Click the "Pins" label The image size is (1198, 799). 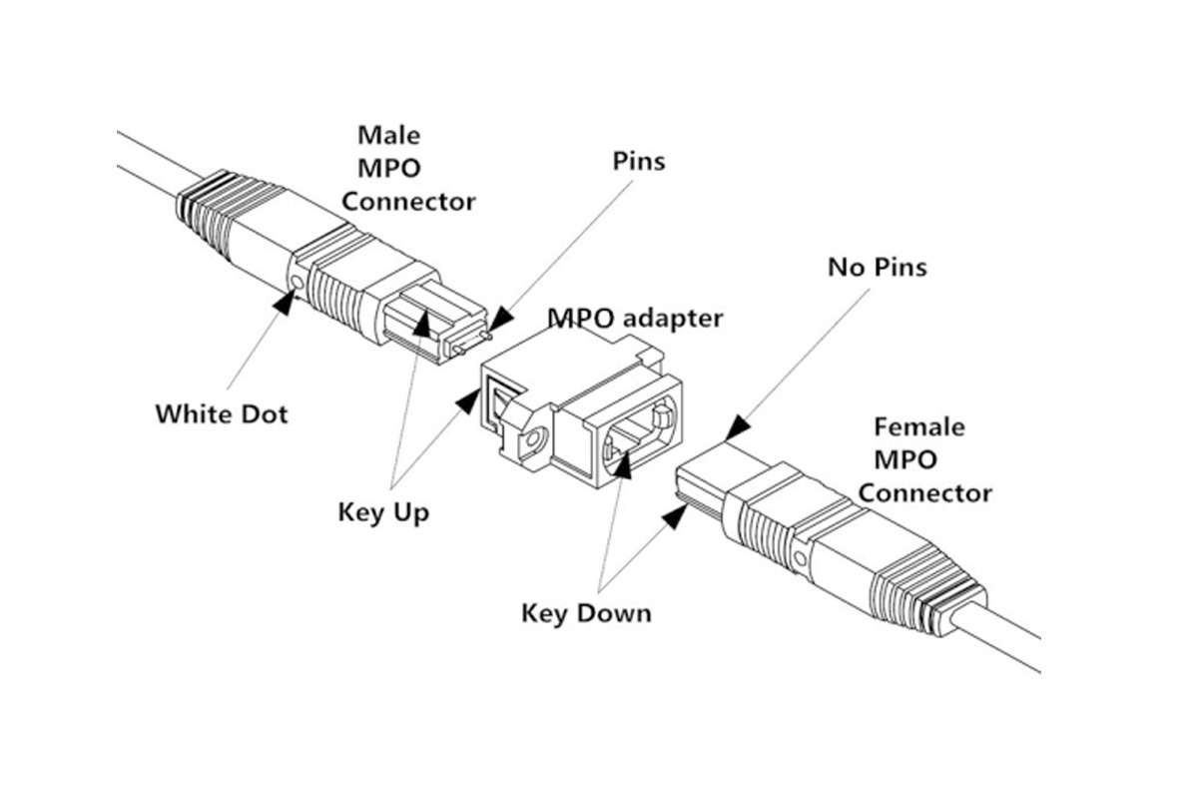(638, 160)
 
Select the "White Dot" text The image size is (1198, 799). (221, 412)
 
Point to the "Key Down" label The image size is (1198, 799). (586, 611)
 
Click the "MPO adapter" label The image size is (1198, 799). (635, 320)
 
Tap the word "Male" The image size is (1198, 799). (388, 134)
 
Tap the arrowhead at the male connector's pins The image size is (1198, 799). (499, 317)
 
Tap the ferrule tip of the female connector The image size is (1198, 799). (699, 469)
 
